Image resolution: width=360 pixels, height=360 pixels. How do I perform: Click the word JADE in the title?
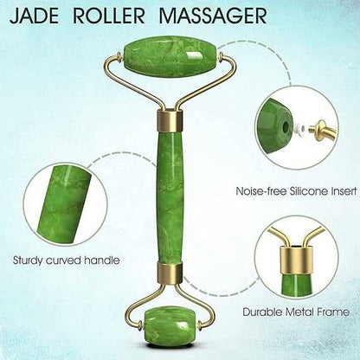tap(34, 16)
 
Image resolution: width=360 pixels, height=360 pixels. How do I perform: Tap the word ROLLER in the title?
tap(109, 16)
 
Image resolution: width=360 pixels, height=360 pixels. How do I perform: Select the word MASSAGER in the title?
tap(213, 16)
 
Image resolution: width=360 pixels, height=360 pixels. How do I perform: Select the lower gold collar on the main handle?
tap(170, 273)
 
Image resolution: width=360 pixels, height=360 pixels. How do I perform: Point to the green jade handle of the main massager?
tap(170, 197)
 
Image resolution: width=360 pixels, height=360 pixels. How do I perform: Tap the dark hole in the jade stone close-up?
tap(286, 126)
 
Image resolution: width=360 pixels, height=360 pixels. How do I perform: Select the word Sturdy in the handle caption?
tap(28, 261)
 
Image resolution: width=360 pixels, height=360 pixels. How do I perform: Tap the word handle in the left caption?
tap(102, 260)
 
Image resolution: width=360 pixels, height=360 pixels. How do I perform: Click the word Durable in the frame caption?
tap(262, 312)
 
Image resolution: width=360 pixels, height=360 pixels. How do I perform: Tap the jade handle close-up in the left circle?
tap(63, 203)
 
